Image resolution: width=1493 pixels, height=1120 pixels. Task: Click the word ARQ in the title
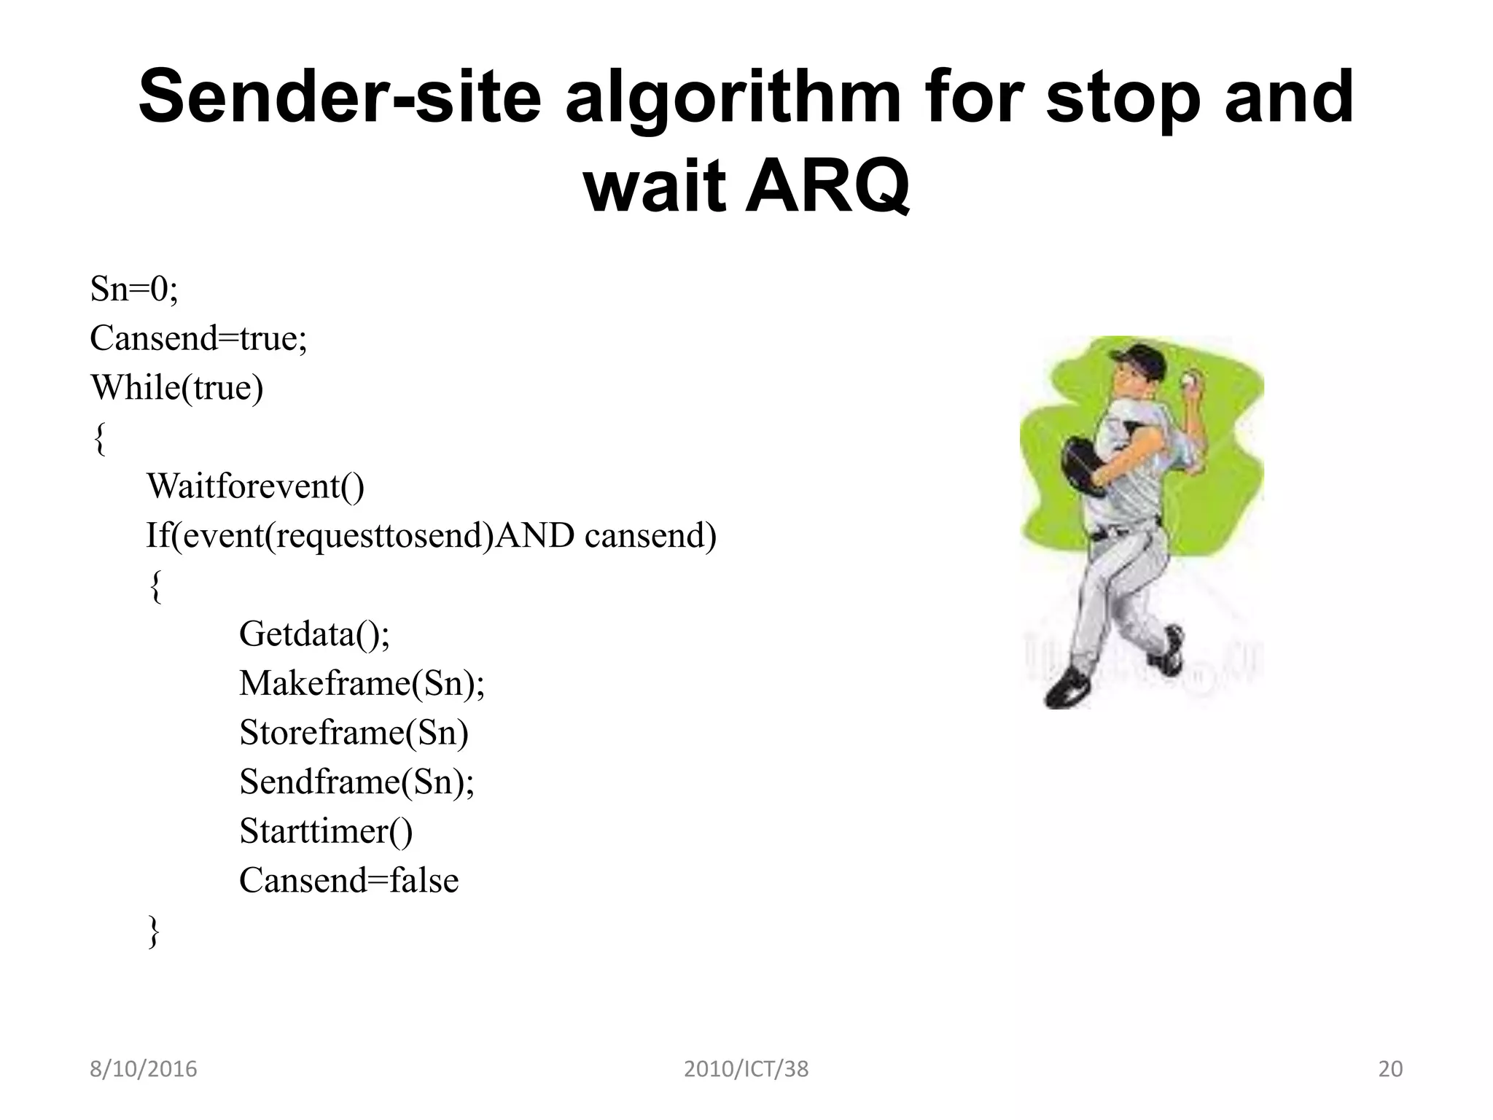click(827, 183)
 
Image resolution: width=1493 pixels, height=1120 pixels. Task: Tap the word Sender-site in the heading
click(340, 97)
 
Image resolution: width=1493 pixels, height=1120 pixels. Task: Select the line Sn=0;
click(134, 289)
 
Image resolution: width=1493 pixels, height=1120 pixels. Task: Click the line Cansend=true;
click(198, 338)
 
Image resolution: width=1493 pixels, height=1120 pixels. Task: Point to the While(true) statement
click(176, 387)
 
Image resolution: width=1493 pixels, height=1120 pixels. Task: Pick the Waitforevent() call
click(255, 486)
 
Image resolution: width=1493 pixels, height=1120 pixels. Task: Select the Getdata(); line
click(314, 634)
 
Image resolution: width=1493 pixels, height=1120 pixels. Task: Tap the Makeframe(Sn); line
click(362, 683)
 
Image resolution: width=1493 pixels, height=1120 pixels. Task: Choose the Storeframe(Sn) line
click(354, 732)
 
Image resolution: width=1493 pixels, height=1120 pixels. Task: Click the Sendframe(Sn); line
click(356, 782)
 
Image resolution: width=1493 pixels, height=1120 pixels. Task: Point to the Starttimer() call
click(325, 831)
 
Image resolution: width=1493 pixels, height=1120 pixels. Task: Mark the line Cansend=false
click(348, 880)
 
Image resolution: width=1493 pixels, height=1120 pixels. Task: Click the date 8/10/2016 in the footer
click(144, 1069)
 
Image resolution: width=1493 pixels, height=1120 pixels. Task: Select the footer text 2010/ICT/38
click(746, 1069)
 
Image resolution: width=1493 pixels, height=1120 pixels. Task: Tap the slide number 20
click(1390, 1069)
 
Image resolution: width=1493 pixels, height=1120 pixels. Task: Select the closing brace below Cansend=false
click(153, 931)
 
